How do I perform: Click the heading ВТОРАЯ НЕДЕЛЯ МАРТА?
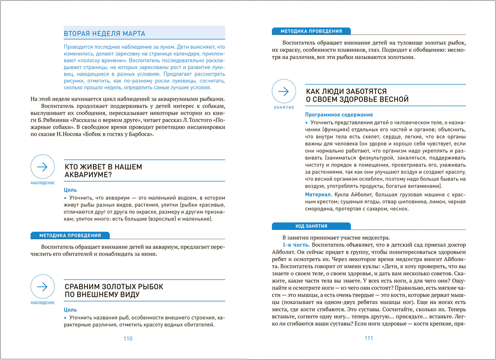tap(104, 34)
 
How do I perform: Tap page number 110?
tap(128, 339)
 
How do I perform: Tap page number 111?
tap(369, 338)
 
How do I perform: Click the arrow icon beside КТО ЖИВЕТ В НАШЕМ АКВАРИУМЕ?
tap(43, 167)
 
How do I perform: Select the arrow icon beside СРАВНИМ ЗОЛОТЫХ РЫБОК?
tap(43, 287)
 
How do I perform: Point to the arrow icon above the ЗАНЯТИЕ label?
tap(284, 91)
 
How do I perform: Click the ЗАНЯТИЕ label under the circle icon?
tap(284, 108)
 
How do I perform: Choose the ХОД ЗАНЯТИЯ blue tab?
tap(311, 226)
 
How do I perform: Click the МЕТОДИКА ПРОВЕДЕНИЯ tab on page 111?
tap(311, 31)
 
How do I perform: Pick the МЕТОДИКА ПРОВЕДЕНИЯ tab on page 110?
tap(70, 236)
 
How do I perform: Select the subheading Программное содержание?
tap(339, 115)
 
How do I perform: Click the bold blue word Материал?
tap(318, 195)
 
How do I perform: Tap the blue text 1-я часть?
tap(296, 245)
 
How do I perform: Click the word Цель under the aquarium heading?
tap(70, 190)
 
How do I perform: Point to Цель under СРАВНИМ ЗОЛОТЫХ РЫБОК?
tap(70, 310)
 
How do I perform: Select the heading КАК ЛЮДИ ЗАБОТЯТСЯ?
tap(346, 91)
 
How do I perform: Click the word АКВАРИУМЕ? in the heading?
tap(88, 175)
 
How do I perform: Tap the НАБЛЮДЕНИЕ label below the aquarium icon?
tap(43, 183)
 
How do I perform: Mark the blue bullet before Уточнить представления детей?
tap(307, 123)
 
